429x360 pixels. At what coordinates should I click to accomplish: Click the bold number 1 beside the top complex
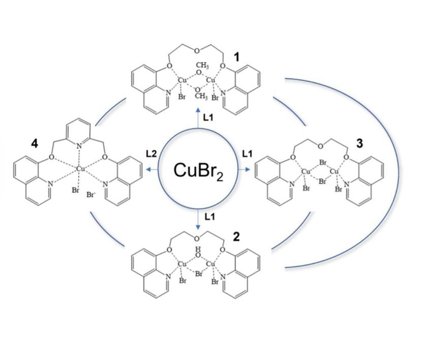236,57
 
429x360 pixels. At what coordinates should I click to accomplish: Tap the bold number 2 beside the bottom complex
236,237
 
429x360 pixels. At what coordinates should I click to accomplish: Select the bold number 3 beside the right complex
359,143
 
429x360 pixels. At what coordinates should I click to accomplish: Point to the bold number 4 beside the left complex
35,144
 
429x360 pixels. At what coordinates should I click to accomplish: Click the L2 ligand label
151,154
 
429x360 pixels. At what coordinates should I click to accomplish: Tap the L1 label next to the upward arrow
208,118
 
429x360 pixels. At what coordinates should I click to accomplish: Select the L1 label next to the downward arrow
210,217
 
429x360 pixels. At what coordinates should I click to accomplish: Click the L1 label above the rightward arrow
247,154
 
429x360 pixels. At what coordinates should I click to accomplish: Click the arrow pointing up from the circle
198,118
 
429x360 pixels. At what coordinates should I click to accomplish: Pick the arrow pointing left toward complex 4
152,170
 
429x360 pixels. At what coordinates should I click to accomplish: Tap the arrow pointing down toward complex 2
198,220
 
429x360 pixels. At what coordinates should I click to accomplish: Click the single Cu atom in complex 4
79,169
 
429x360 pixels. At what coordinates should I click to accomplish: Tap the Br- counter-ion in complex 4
90,195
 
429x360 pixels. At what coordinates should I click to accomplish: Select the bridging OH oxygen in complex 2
198,255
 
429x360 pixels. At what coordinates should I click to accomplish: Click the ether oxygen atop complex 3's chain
320,146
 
